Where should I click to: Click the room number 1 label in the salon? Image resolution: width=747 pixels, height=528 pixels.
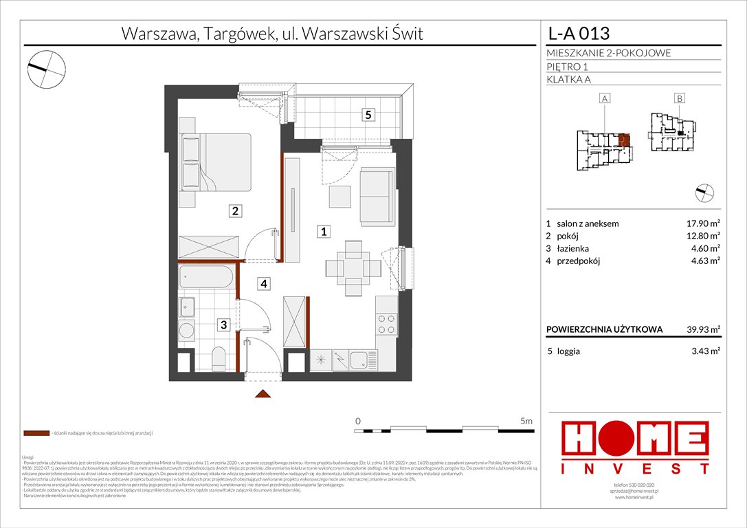tap(322, 232)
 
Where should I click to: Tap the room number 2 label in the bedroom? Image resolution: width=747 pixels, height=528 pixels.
tap(235, 212)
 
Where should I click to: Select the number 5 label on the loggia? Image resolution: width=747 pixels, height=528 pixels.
tap(369, 115)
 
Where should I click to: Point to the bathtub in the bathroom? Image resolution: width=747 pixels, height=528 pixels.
tap(207, 278)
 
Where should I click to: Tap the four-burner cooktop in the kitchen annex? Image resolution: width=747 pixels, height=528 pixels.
tap(387, 322)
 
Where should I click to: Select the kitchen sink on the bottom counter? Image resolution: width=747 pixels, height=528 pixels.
tap(358, 358)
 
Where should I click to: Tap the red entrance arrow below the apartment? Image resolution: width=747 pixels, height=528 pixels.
tap(263, 394)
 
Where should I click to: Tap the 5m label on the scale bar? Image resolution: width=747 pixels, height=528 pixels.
tap(526, 421)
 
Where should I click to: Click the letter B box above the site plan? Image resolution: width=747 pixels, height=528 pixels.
tap(679, 99)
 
